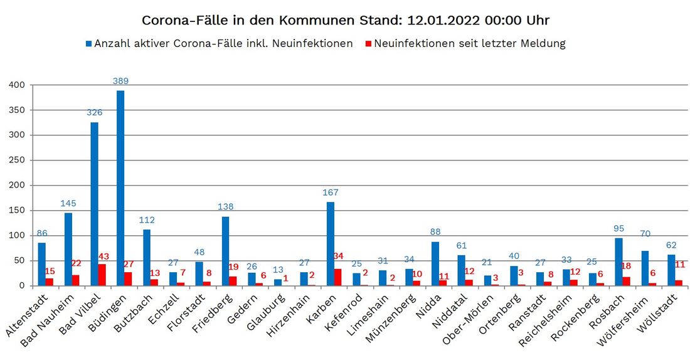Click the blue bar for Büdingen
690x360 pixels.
pyautogui.click(x=120, y=188)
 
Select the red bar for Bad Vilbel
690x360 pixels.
pyautogui.click(x=102, y=275)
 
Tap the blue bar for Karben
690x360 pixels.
pyautogui.click(x=331, y=244)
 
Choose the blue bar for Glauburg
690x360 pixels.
pyautogui.click(x=278, y=282)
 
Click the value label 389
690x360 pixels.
pyautogui.click(x=120, y=81)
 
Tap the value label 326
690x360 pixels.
pyautogui.click(x=94, y=112)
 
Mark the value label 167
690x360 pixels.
pyautogui.click(x=330, y=193)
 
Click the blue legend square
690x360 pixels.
pyautogui.click(x=89, y=44)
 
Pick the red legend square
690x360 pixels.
pyautogui.click(x=369, y=44)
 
